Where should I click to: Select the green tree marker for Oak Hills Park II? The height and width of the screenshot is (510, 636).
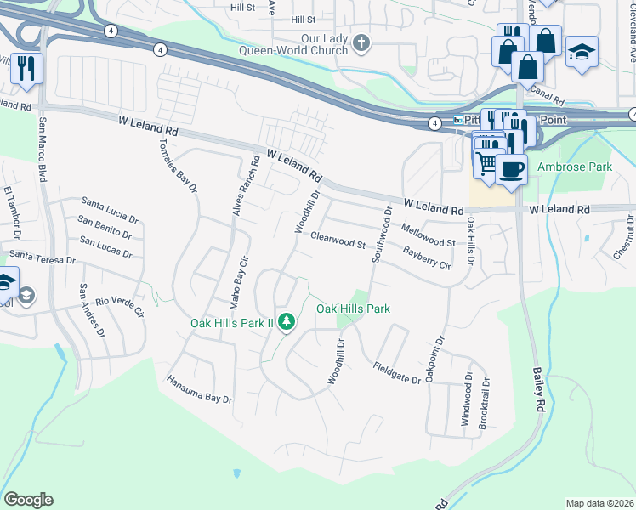(x=287, y=321)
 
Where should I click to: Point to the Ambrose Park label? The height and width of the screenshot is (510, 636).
(x=575, y=167)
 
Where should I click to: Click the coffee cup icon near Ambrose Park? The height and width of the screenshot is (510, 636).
(x=511, y=168)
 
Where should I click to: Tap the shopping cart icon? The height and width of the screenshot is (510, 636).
(x=486, y=162)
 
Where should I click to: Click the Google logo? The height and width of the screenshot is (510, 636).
(x=28, y=500)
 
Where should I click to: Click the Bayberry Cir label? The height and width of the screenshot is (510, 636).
(x=427, y=258)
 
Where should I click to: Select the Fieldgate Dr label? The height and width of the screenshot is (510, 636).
(x=397, y=373)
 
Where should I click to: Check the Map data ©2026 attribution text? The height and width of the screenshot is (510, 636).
(x=599, y=503)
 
